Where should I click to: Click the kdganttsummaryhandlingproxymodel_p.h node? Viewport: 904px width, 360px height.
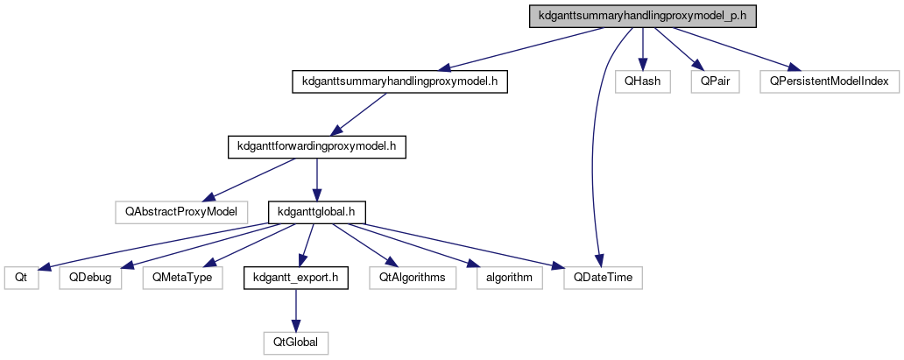pos(641,16)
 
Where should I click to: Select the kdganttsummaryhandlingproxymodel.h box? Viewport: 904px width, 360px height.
pos(399,81)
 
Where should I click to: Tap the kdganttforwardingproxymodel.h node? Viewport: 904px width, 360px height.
pos(317,146)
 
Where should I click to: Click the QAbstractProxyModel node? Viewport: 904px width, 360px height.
pos(181,211)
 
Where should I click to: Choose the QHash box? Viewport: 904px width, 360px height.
pos(642,81)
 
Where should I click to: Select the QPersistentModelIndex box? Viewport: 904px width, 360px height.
pos(829,81)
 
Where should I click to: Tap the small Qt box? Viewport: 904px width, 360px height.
pos(22,278)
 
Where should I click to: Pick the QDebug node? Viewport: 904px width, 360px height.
pos(91,278)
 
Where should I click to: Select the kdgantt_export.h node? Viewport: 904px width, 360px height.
pos(296,278)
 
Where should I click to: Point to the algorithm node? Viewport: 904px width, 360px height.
pos(509,278)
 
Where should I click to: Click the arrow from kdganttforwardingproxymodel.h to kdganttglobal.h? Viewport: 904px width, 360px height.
pos(317,179)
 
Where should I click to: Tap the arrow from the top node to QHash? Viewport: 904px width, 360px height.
pos(642,48)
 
